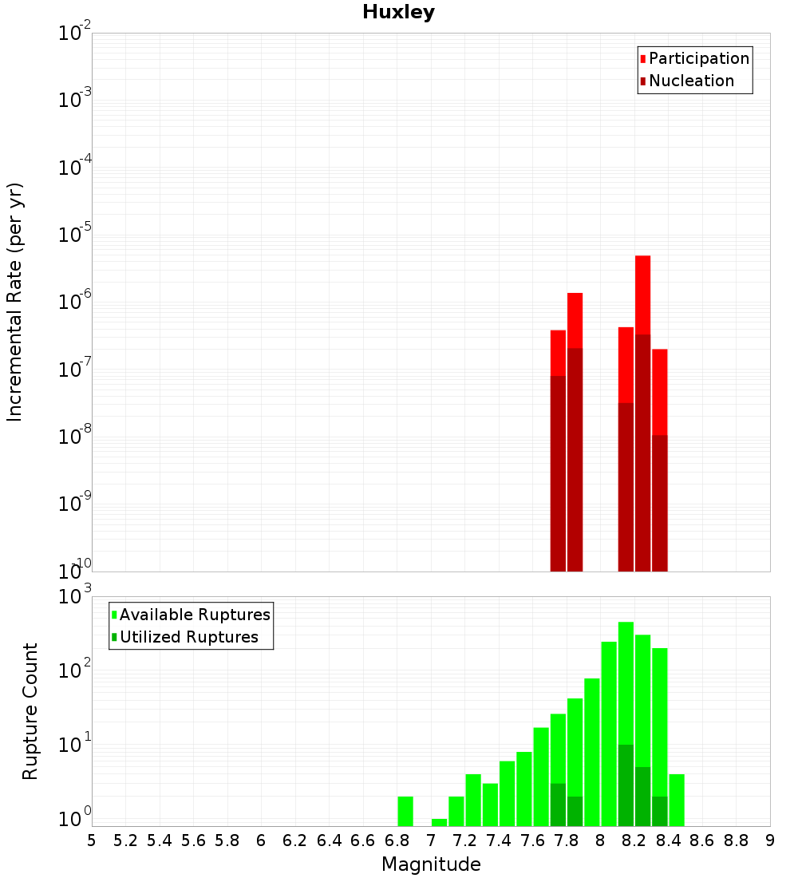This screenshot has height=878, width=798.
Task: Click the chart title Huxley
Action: pos(398,12)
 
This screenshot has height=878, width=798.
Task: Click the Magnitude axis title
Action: pos(431,864)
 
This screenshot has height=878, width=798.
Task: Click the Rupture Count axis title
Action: pos(30,711)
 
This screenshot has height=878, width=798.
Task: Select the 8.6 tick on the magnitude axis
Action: pos(702,840)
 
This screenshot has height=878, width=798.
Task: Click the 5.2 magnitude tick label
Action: pos(125,840)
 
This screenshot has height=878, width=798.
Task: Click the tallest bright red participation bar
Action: pos(642,295)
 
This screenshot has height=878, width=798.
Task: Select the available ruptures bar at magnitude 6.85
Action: pos(405,811)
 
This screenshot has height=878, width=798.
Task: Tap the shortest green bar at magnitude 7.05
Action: pos(439,822)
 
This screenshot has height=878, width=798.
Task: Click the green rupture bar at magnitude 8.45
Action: pos(677,800)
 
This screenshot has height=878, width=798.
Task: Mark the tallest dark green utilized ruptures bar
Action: pos(626,785)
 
